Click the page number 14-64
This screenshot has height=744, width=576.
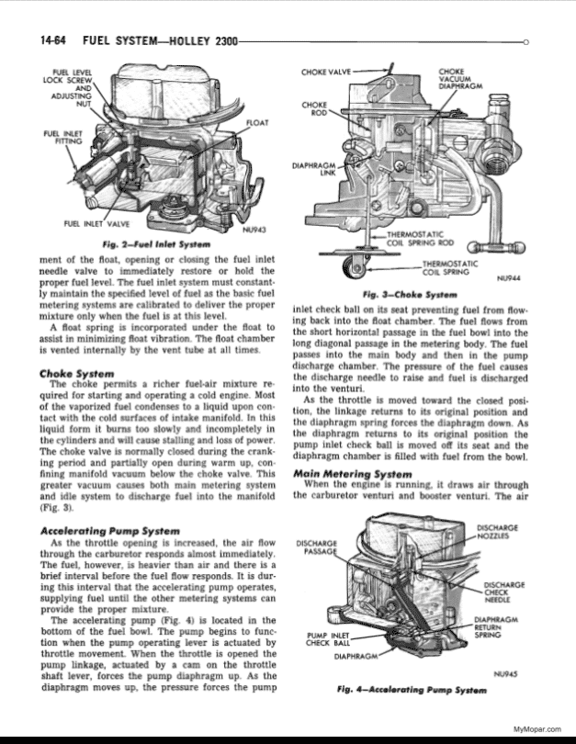tap(52, 40)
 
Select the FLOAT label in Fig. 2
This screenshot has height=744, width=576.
tap(257, 123)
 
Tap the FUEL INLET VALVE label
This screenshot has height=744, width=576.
tap(96, 224)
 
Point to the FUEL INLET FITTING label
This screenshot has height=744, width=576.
tap(62, 138)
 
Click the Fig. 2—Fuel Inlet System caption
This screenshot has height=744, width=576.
tap(156, 244)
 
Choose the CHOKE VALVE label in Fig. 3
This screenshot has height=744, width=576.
tap(326, 73)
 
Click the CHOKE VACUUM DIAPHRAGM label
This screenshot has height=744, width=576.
tap(460, 79)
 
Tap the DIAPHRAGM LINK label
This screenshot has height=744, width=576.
tap(314, 169)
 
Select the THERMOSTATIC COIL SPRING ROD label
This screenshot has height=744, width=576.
tap(421, 239)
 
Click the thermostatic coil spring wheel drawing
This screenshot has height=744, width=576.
tap(356, 269)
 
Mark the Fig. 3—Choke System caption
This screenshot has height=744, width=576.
tap(410, 295)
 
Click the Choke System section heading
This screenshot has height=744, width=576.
tap(77, 374)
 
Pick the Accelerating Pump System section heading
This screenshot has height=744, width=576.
tap(110, 531)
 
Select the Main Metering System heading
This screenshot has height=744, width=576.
tap(353, 474)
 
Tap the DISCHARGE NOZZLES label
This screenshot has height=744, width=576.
tap(497, 532)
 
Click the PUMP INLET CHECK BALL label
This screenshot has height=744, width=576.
tap(328, 639)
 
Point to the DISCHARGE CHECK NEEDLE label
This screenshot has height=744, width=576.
tap(503, 592)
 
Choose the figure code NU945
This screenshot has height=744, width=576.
tap(505, 674)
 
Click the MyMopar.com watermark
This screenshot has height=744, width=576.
tap(537, 729)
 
